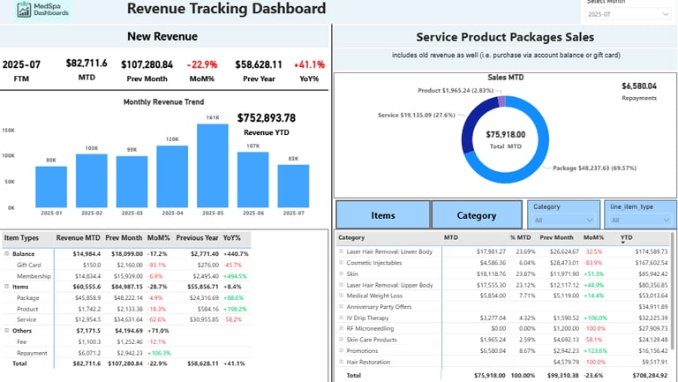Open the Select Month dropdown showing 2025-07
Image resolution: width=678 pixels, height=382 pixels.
[x=627, y=14]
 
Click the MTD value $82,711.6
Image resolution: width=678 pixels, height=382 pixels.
[x=87, y=64]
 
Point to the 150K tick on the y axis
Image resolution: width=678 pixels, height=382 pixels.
[x=9, y=130]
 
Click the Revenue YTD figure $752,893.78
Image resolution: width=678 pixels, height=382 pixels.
[x=267, y=118]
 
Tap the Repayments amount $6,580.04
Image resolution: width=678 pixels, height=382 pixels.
[x=639, y=86]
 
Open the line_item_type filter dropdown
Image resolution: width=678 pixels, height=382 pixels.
[x=640, y=220]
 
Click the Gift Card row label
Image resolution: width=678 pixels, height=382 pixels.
[x=28, y=265]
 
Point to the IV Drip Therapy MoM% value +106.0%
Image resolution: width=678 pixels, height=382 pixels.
[x=593, y=318]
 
